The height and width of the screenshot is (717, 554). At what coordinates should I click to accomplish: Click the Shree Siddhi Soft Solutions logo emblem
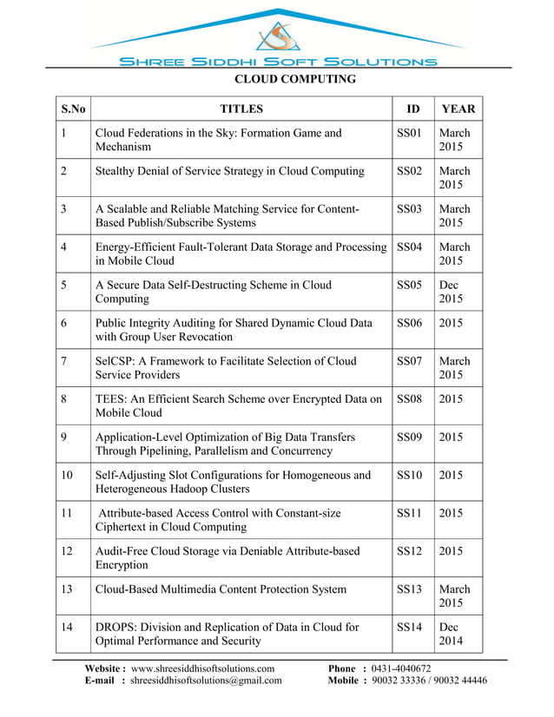(x=277, y=36)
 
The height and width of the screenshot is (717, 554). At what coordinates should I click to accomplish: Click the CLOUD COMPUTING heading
(x=296, y=79)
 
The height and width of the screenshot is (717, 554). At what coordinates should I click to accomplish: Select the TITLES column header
(x=241, y=109)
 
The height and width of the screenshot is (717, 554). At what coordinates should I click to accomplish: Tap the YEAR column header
(x=458, y=109)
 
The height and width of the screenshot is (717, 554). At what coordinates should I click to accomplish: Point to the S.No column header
(x=74, y=109)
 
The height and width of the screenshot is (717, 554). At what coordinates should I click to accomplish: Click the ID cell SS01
(x=409, y=134)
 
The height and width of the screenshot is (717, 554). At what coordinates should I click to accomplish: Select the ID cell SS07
(x=409, y=361)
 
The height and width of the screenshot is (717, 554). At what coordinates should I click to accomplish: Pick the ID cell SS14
(x=409, y=628)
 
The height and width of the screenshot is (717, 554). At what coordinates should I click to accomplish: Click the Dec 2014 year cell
(x=452, y=635)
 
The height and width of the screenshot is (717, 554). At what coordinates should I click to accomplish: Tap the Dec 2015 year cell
(x=452, y=292)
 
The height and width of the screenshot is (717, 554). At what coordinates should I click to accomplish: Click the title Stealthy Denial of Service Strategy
(x=229, y=171)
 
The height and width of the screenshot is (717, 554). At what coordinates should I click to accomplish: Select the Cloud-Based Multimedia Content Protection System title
(x=220, y=589)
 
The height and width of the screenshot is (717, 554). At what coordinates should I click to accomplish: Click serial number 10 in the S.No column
(x=68, y=475)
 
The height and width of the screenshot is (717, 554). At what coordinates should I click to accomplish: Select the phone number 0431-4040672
(x=401, y=668)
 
